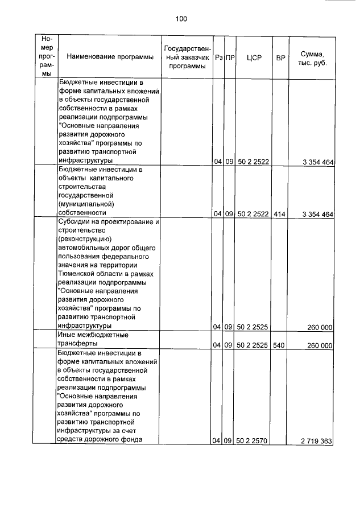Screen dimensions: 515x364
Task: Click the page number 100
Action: (181, 19)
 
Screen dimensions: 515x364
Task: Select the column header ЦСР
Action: (254, 57)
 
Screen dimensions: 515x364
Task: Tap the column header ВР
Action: (280, 57)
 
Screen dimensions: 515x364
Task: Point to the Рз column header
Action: (218, 57)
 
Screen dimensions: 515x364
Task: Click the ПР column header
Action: (230, 57)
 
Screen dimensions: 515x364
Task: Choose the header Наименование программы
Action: (110, 57)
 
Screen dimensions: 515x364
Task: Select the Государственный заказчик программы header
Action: (188, 57)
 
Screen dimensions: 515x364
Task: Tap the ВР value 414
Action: (280, 214)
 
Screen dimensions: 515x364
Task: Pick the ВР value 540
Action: (280, 345)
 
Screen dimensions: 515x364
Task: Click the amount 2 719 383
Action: (317, 441)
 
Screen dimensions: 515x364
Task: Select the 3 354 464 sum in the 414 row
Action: (317, 214)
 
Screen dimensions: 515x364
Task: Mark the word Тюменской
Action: (79, 274)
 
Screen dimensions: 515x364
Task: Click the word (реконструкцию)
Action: (85, 239)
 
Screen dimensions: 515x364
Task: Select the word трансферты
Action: (78, 344)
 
